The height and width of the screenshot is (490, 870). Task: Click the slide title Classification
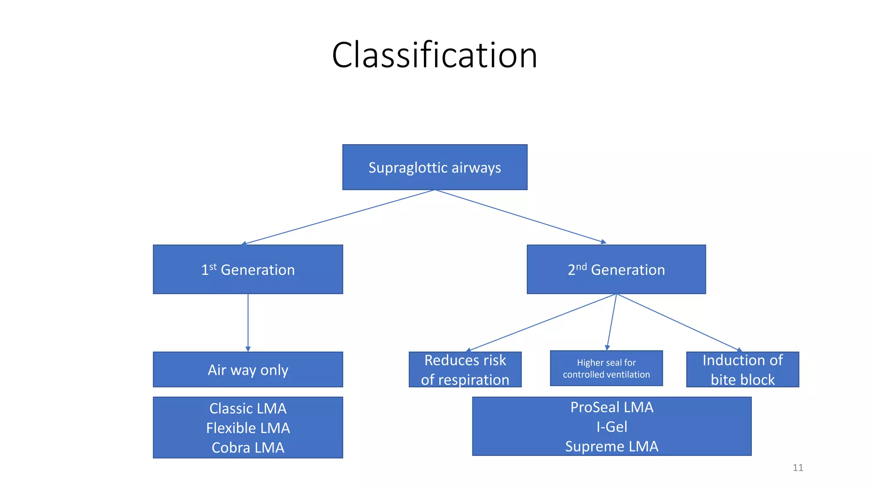click(435, 55)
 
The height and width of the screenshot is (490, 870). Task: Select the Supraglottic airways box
click(435, 167)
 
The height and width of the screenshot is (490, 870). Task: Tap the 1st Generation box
click(248, 269)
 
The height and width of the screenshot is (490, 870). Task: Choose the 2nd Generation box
click(616, 269)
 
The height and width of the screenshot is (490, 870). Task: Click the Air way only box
click(248, 369)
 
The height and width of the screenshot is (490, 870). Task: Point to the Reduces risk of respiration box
click(465, 369)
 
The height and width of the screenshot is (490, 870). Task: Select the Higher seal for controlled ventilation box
click(606, 368)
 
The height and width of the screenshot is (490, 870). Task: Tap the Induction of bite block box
click(743, 369)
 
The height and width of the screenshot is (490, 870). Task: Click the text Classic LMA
click(248, 408)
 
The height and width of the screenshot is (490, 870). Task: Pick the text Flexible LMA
click(248, 428)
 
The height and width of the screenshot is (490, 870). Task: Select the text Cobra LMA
click(248, 447)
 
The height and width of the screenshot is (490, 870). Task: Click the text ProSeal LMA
click(612, 407)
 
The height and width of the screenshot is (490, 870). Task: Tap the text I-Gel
click(612, 427)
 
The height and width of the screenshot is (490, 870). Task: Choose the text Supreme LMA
click(612, 446)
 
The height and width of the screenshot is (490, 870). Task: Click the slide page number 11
click(798, 468)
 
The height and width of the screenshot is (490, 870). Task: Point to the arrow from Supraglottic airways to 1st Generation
click(338, 217)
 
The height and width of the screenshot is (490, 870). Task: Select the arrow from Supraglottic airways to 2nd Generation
click(521, 217)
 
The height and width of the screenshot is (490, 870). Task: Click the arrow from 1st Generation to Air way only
click(248, 323)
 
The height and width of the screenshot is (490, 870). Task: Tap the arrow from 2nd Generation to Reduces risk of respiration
click(541, 323)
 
